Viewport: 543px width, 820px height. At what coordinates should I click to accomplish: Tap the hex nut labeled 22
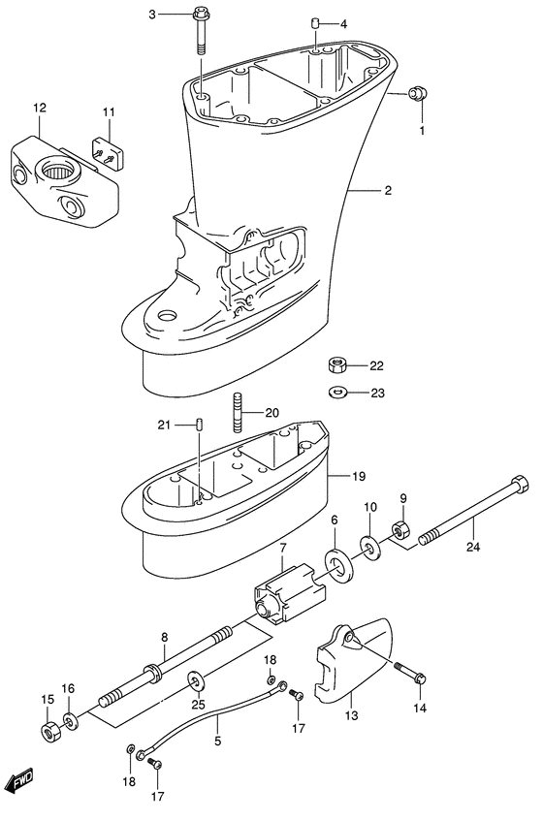tap(336, 365)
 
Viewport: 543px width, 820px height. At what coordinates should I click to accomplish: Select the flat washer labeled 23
tap(336, 392)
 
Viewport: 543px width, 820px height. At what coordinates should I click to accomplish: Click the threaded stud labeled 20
tap(237, 413)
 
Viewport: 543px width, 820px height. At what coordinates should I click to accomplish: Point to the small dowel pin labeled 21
tap(200, 425)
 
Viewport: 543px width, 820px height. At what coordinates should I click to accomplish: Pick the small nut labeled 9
tap(401, 530)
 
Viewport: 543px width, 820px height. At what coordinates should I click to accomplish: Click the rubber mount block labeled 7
tap(289, 593)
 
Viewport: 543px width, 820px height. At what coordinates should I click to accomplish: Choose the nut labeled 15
tap(50, 731)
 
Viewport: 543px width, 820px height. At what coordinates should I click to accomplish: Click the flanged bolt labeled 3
tap(202, 30)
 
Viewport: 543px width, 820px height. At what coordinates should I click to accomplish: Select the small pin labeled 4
tap(315, 23)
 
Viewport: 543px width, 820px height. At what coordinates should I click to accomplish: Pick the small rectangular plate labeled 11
tap(108, 153)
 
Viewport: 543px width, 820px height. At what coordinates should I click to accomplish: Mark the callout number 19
tap(359, 477)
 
